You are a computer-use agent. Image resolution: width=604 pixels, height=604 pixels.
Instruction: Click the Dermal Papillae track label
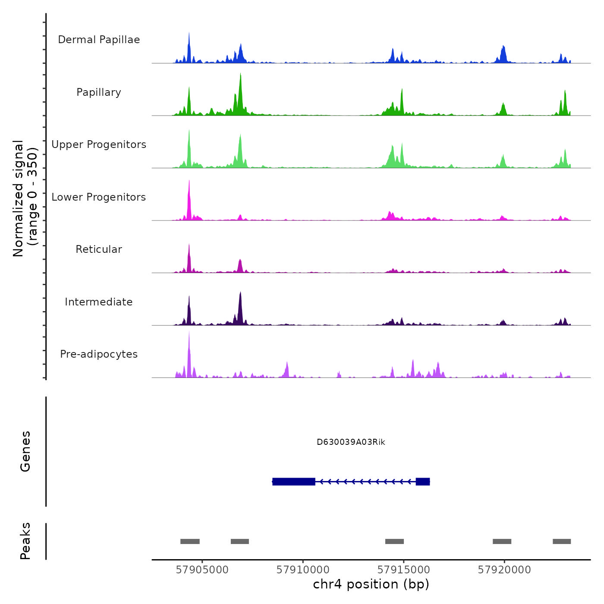coord(99,40)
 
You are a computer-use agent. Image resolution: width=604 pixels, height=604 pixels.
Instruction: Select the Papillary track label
coord(99,92)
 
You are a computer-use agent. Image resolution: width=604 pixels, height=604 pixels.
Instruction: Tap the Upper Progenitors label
coord(99,145)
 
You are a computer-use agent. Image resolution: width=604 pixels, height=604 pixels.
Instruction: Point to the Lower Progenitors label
coord(99,197)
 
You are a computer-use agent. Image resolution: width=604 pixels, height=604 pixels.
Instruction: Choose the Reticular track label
coord(99,249)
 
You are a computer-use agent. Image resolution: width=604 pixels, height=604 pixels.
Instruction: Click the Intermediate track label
coord(99,302)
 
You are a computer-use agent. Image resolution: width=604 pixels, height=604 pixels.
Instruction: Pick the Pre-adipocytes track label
coord(99,354)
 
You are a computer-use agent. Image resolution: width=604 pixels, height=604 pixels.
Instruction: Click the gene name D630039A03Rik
coord(351,442)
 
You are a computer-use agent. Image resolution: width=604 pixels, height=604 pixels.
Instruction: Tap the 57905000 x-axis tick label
coord(202,570)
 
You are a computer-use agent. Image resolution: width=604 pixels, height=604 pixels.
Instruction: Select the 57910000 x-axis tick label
coord(303,570)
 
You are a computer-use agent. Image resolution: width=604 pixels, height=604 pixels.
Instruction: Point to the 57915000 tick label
coord(403,570)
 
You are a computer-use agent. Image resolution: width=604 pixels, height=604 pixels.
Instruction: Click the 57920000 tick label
coord(504,570)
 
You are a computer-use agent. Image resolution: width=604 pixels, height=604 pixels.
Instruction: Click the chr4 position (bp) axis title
coord(371,585)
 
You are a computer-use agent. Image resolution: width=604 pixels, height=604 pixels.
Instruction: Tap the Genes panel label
coord(25,451)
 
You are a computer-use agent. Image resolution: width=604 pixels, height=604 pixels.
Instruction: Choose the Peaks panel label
coord(25,541)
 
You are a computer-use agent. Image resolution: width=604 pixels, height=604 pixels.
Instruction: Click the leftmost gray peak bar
coord(190,541)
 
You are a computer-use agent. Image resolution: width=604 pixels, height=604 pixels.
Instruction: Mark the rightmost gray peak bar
coord(562,541)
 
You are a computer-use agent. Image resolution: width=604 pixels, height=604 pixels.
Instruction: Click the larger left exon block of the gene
coord(294,481)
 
